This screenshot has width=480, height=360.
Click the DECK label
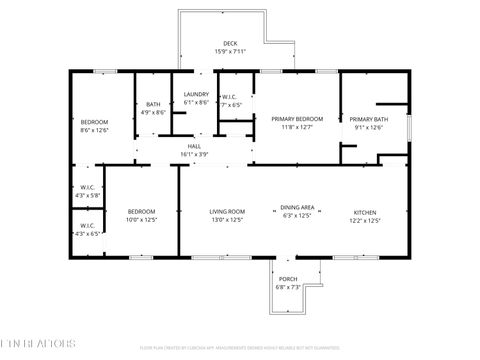click(x=230, y=43)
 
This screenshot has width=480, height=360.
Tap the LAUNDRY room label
click(x=195, y=95)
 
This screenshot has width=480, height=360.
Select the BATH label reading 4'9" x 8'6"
click(x=153, y=104)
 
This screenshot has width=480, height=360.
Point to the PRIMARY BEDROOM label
click(x=297, y=119)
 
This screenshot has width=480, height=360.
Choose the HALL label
click(x=194, y=146)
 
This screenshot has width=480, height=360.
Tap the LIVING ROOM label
click(x=227, y=212)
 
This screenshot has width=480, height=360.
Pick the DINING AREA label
click(x=298, y=207)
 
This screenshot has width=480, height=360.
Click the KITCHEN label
click(x=367, y=212)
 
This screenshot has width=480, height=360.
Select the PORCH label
click(x=287, y=279)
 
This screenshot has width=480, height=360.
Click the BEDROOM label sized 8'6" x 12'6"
click(x=94, y=121)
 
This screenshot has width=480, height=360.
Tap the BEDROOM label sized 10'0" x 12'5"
click(x=141, y=212)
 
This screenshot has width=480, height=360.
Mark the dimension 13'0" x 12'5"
click(x=227, y=220)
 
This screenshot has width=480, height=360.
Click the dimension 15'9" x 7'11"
click(x=230, y=51)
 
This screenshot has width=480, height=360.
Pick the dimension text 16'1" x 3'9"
click(x=194, y=154)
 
